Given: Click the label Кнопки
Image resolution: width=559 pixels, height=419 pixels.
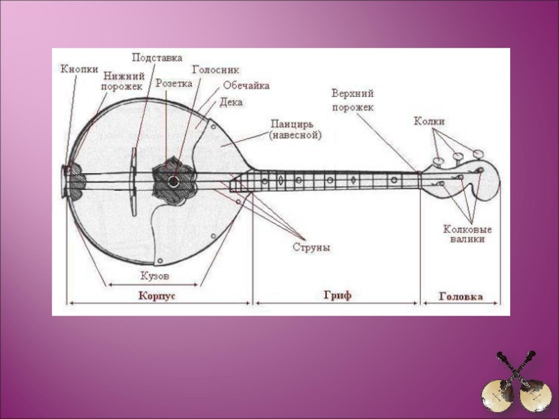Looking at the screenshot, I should [x=78, y=68].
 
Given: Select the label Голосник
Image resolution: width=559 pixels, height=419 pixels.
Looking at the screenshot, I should [x=215, y=70].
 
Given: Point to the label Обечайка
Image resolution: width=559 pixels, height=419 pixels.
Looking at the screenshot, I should [x=246, y=85].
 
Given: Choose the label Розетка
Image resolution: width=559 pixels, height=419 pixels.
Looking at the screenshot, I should [x=173, y=82].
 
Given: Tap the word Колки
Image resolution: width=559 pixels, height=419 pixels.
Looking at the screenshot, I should [x=429, y=122].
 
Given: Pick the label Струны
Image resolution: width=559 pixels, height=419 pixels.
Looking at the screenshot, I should [x=311, y=247].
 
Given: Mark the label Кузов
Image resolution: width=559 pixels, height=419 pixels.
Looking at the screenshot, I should [x=154, y=276].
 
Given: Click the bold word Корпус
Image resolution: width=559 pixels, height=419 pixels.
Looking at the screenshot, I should [x=157, y=295].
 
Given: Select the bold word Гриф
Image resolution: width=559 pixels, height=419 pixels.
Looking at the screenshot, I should [x=337, y=295].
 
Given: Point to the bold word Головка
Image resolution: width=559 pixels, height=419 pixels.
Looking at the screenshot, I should [x=460, y=296].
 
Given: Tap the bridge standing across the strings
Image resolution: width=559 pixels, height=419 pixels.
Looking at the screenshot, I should [x=133, y=182].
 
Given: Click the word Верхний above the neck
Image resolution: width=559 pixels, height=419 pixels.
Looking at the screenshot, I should [x=353, y=93].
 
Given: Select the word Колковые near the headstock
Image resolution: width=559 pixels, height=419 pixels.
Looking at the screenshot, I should [x=467, y=228].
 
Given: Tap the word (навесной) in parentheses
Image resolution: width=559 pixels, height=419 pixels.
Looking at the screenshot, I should [x=296, y=135].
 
